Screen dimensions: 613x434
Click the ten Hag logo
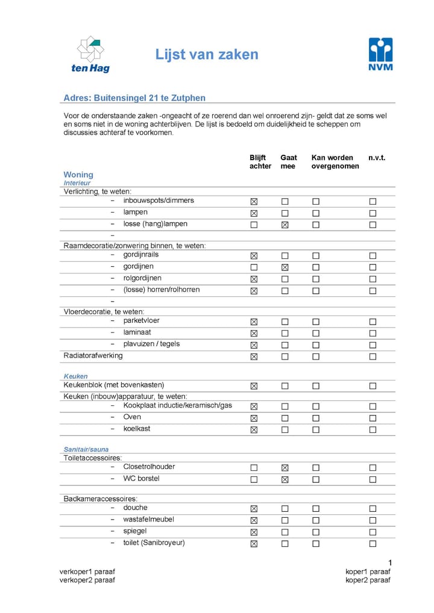pyautogui.click(x=90, y=54)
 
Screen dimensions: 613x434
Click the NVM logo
pyautogui.click(x=380, y=54)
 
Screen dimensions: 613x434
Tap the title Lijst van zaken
pyautogui.click(x=207, y=55)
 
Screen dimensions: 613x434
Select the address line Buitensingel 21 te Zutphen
pyautogui.click(x=134, y=98)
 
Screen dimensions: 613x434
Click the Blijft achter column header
pyautogui.click(x=260, y=161)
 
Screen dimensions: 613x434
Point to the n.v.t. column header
pyautogui.click(x=377, y=158)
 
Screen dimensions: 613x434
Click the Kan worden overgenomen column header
pyautogui.click(x=335, y=161)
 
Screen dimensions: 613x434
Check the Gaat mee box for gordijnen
pyautogui.click(x=285, y=267)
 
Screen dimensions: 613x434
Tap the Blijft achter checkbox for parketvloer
pyautogui.click(x=254, y=322)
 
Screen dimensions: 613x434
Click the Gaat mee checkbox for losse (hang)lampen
pyautogui.click(x=285, y=225)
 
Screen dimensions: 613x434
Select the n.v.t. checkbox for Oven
pyautogui.click(x=373, y=418)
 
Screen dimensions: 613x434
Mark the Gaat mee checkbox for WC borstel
pyautogui.click(x=285, y=480)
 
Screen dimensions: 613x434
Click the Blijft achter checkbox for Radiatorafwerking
pyautogui.click(x=254, y=356)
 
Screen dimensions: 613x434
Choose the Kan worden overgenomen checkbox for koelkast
pyautogui.click(x=316, y=430)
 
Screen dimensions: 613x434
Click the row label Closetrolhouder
pyautogui.click(x=149, y=467)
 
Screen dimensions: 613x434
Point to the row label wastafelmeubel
pyautogui.click(x=149, y=519)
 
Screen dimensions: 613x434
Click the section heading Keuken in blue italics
pyautogui.click(x=75, y=376)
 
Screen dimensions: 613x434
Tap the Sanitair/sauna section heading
pyautogui.click(x=86, y=449)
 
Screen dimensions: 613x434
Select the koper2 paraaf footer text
pyautogui.click(x=368, y=580)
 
